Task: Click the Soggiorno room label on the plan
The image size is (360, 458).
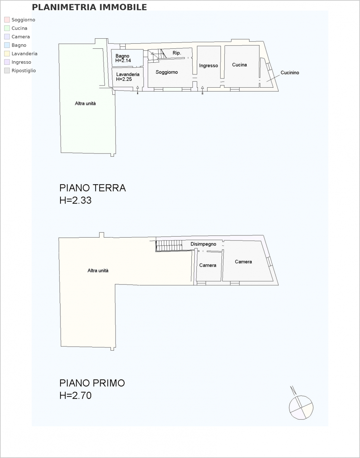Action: (x=166, y=72)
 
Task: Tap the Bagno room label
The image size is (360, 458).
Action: (x=122, y=56)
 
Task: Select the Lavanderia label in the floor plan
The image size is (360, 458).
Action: (x=128, y=74)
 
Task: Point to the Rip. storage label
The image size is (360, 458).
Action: (x=177, y=53)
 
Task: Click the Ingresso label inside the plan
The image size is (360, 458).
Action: (x=209, y=66)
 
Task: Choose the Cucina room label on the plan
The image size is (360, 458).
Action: (x=239, y=65)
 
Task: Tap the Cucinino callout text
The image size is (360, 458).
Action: (x=290, y=73)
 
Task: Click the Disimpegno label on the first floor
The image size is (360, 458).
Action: (x=203, y=244)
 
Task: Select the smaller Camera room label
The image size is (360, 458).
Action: (x=208, y=265)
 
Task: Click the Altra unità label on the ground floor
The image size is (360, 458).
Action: (x=86, y=103)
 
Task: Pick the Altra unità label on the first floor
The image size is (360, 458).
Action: (x=98, y=271)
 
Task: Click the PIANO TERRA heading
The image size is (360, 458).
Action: (x=93, y=188)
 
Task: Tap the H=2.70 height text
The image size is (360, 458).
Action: (x=76, y=396)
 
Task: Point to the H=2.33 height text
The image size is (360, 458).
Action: (x=76, y=200)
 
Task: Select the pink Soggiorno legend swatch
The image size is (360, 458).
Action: (x=7, y=20)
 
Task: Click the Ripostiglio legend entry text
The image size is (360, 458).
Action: (x=24, y=70)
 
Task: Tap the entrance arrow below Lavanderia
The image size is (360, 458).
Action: (x=138, y=90)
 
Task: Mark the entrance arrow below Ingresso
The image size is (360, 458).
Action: (x=202, y=90)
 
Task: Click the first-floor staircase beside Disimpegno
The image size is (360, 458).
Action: (x=169, y=246)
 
